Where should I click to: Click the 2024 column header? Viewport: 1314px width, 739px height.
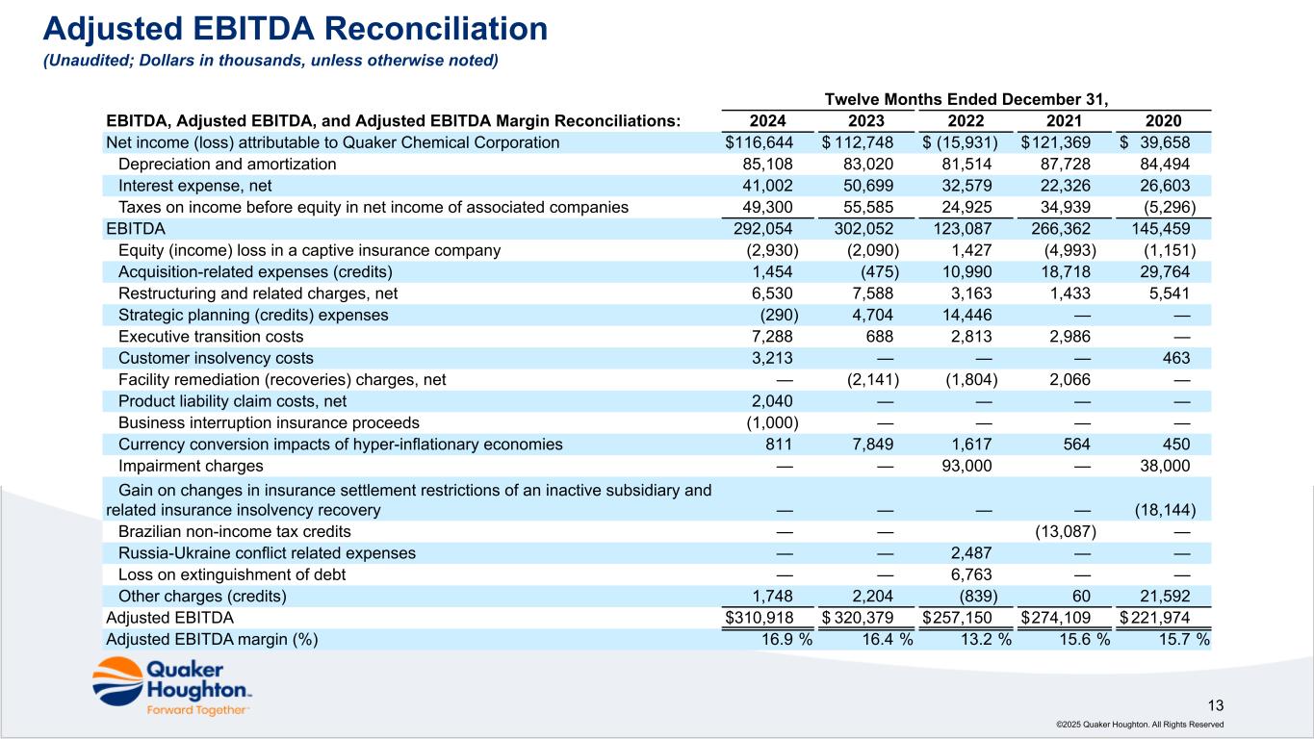pos(767,121)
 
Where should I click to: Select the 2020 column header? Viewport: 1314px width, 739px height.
pos(1163,121)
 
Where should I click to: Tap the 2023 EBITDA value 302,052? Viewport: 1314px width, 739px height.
pos(863,229)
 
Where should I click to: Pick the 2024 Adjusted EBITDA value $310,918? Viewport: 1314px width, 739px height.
pos(760,618)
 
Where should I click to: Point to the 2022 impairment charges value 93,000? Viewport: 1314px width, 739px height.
pos(966,466)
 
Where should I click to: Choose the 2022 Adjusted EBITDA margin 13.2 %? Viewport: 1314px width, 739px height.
pos(986,639)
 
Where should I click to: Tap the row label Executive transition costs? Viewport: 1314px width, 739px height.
pos(211,337)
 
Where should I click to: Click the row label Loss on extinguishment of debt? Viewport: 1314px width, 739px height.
pos(232,574)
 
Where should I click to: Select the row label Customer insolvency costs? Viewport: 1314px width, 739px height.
pos(216,358)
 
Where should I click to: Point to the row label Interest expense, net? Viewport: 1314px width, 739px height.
pos(194,186)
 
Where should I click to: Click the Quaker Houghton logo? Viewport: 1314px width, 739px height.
pos(171,687)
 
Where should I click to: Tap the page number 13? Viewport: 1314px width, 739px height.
pos(1216,705)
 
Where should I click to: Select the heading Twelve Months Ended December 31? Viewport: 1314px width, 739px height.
pos(966,99)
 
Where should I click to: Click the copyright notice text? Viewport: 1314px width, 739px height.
pos(1140,725)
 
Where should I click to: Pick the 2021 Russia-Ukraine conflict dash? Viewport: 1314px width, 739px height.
pos(1082,553)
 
